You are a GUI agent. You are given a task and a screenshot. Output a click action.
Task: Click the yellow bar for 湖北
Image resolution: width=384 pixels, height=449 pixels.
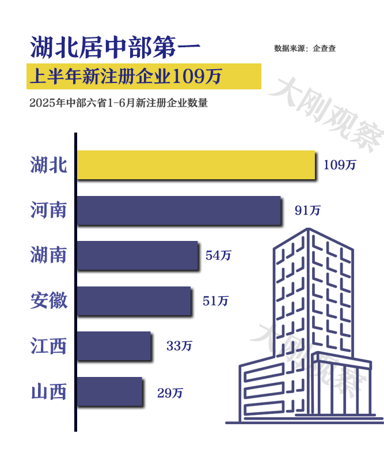click(x=196, y=165)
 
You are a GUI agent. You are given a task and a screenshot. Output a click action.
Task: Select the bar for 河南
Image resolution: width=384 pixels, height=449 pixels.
click(x=178, y=210)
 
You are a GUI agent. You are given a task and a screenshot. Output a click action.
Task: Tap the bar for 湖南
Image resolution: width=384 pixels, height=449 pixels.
click(x=137, y=255)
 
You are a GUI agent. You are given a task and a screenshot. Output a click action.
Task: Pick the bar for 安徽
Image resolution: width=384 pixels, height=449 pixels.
click(x=134, y=300)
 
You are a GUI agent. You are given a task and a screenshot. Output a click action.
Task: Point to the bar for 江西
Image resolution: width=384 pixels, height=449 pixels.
click(x=113, y=346)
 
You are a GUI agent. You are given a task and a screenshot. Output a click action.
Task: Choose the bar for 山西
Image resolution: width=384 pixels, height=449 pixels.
click(x=109, y=391)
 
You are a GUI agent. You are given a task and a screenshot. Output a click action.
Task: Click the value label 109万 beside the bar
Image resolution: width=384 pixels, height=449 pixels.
click(x=340, y=165)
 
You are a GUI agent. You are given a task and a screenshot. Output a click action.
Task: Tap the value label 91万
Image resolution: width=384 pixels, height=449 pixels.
click(x=307, y=210)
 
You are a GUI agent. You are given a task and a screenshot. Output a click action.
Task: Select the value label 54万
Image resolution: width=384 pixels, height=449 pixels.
click(x=218, y=255)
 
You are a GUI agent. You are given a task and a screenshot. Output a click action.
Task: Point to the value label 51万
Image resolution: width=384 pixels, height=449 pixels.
click(x=215, y=301)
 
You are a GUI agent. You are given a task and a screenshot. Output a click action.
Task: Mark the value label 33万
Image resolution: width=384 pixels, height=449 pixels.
click(x=179, y=346)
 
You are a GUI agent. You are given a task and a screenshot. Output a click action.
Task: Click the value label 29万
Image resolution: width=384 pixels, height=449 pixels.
click(x=170, y=393)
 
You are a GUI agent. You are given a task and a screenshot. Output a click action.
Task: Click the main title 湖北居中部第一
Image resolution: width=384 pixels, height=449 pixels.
click(x=115, y=46)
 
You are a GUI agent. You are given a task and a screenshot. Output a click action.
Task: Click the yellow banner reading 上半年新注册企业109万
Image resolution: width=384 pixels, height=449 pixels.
click(x=143, y=76)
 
